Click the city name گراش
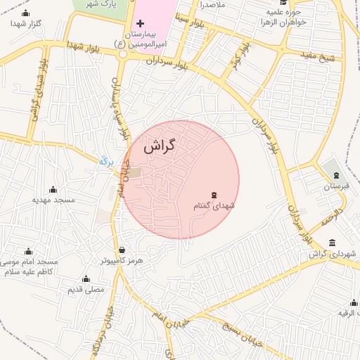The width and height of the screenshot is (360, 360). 159,146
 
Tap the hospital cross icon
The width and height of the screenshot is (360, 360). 140,24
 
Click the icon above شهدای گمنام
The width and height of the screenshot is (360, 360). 214,195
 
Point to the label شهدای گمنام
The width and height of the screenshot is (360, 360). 213,206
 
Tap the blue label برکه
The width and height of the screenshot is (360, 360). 107,161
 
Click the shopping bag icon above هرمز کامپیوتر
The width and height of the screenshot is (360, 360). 122,250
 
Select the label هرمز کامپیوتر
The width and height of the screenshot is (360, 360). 122,260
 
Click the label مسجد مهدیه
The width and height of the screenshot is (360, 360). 53,200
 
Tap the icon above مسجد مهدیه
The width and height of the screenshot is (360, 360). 53,189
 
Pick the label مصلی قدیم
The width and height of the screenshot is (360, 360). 86,289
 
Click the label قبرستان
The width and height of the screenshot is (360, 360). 336,186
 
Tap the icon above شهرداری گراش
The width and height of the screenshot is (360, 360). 332,243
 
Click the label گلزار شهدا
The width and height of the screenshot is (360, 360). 26,24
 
